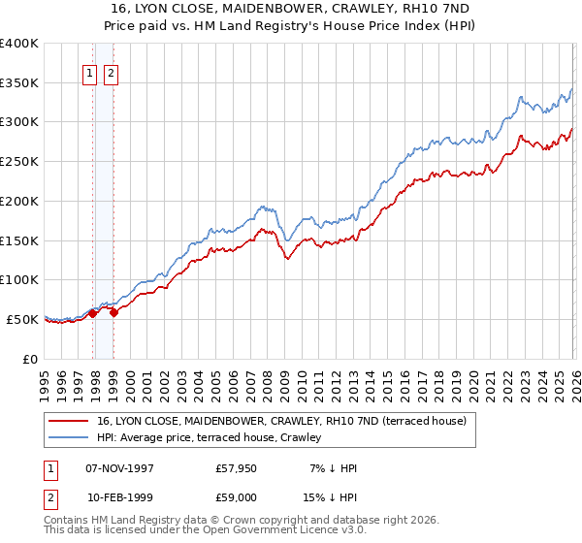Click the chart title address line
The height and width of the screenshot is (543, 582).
pos(292,8)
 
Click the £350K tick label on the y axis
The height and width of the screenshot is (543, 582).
pos(19,83)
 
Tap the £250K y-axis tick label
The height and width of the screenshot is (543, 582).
pos(19,162)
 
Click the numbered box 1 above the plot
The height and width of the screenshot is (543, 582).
pos(90,73)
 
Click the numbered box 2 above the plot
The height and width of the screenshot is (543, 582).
pos(110,73)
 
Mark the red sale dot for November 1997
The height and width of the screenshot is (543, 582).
pos(93,313)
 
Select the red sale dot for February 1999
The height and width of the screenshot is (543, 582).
pos(113,312)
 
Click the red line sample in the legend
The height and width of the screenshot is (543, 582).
pos(69,421)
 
